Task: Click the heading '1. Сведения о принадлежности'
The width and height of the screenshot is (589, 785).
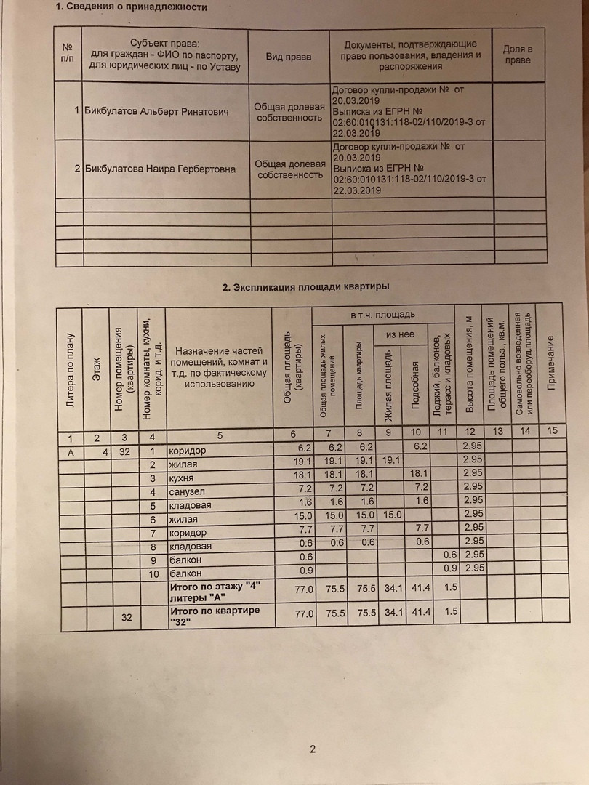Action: tap(132, 7)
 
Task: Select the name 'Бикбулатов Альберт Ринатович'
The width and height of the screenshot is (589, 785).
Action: tap(156, 112)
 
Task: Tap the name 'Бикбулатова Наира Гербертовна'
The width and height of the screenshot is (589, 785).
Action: tap(160, 169)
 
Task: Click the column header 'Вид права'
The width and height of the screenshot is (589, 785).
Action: tap(288, 57)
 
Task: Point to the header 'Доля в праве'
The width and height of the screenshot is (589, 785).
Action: tap(518, 55)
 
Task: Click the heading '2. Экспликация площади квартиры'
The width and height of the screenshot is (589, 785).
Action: tap(305, 286)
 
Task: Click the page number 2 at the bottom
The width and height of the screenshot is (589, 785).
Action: tap(313, 750)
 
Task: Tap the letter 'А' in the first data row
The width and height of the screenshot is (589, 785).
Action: tap(71, 451)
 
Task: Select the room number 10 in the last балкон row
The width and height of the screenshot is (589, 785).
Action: tap(153, 574)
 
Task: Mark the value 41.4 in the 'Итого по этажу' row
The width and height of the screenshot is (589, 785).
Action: tap(421, 587)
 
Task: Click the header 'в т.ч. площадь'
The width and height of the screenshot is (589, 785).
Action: tap(383, 315)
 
